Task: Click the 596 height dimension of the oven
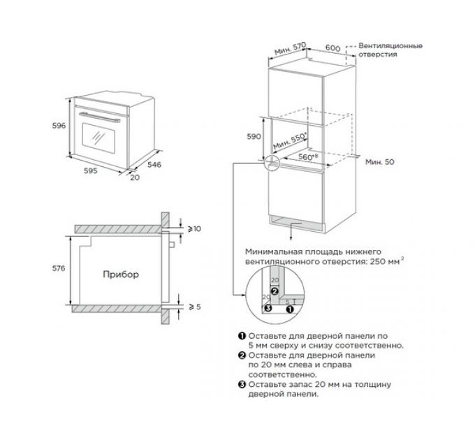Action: point(59,126)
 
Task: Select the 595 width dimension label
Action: point(91,171)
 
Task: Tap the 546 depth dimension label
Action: point(154,165)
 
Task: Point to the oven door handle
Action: point(99,117)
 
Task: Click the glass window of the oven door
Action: point(98,138)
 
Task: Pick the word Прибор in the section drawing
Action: point(121,274)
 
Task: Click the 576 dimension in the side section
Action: point(59,268)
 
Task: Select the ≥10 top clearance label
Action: point(194,229)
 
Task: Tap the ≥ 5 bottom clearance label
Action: point(195,307)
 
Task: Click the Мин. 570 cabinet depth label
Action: point(290,48)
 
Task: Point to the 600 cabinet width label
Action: point(333,48)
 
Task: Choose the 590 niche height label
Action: point(254,137)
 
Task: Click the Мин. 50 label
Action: point(380,162)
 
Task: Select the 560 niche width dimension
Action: point(307,156)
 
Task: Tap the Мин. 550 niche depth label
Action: point(290,141)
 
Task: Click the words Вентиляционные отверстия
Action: point(390,50)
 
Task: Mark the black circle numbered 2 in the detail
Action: point(275,291)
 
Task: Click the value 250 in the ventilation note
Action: point(377,261)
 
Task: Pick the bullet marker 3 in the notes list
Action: point(242,385)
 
